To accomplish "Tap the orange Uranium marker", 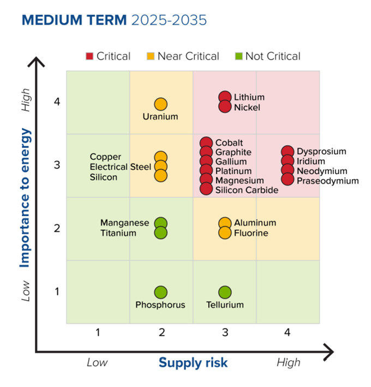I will click(160, 104).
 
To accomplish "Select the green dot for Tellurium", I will click(225, 293).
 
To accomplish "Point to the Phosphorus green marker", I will click(160, 293).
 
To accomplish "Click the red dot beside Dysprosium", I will click(288, 152).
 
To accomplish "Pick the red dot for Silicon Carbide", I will click(206, 189).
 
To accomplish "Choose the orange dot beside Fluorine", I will click(225, 233).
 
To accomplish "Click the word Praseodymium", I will click(328, 181).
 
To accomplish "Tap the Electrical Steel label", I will click(120, 167).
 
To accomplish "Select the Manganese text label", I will click(124, 223).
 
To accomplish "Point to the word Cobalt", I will click(229, 143).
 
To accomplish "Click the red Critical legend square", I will click(90, 56).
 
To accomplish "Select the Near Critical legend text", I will click(188, 56).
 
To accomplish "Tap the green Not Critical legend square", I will click(238, 56).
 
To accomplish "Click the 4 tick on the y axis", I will click(57, 102).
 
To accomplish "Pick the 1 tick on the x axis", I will click(98, 331).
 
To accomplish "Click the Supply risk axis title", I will click(193, 362).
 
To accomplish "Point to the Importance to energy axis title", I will click(25, 197).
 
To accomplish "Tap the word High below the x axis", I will click(288, 362).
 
